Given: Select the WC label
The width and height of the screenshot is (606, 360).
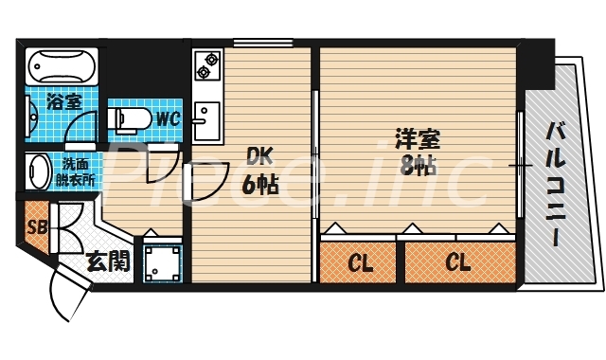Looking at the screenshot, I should point(169,119).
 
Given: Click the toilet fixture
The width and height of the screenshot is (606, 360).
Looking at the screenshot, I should point(131,119).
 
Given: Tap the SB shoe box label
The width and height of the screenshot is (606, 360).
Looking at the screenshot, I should point(38,227).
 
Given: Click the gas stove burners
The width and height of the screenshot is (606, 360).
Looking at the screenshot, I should point(205,64).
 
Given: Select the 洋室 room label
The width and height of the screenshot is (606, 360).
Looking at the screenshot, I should point(417,139).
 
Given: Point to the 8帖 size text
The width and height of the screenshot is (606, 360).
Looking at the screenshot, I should point(417,167).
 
